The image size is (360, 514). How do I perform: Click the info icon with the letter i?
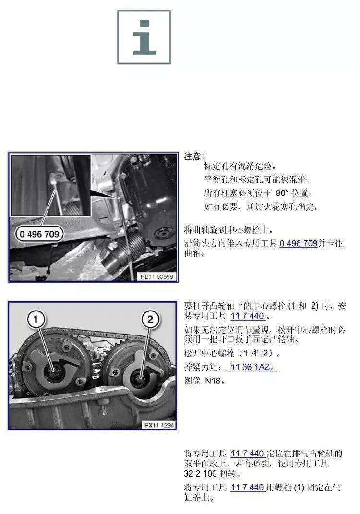tap(144, 37)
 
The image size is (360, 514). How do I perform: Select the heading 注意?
tap(195, 156)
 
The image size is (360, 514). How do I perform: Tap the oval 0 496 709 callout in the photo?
tap(39, 234)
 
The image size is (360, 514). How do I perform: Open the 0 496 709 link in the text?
tap(298, 243)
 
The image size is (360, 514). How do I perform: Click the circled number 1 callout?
tap(38, 318)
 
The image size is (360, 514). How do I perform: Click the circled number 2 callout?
tap(150, 318)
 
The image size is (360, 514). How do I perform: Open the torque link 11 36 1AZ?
tap(254, 367)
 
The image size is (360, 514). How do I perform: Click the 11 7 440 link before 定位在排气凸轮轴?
tap(247, 454)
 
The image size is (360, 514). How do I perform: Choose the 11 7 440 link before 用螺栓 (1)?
tap(247, 487)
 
